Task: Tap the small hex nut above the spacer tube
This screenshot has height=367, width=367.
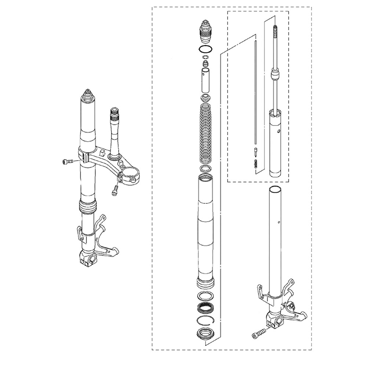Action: click(x=205, y=64)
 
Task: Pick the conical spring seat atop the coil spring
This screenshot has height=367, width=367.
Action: click(x=205, y=98)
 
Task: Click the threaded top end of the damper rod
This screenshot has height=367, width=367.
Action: click(x=275, y=40)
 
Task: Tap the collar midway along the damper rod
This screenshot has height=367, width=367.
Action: click(x=275, y=76)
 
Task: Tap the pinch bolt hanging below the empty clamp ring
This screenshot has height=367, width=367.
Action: click(x=115, y=190)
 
